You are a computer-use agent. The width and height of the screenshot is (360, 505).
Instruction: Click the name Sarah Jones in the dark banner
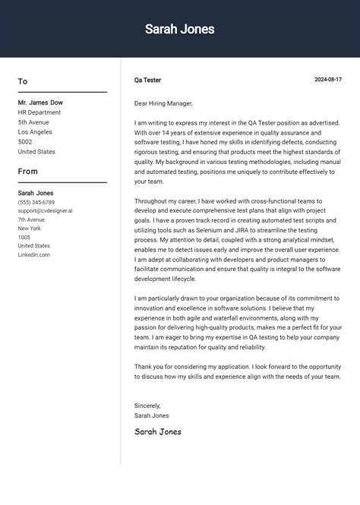pos(180,30)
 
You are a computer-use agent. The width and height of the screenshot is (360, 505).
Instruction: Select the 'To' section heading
pos(23,81)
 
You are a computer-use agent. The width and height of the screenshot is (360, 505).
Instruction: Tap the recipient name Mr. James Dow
pos(40,103)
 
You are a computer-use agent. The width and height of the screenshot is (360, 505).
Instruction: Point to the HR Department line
pos(39,112)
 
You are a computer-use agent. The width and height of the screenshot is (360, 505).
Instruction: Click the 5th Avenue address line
pos(33,122)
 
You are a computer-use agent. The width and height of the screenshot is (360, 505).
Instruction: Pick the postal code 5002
pos(25,142)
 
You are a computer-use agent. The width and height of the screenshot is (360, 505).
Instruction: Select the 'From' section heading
pos(27,172)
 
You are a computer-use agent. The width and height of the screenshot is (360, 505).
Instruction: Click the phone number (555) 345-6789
pos(36,203)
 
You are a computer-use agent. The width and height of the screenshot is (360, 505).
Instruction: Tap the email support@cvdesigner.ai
pos(46,211)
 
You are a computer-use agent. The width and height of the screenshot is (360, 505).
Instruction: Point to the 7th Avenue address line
pos(31,219)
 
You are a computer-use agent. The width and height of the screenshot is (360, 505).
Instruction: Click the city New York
pos(30,229)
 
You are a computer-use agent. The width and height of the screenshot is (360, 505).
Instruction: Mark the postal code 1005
pos(24,237)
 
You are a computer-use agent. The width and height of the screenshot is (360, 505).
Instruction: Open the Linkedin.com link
pos(33,254)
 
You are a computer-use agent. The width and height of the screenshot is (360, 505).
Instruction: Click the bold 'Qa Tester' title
pos(147,80)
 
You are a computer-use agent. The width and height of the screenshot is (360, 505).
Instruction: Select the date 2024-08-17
pos(328,80)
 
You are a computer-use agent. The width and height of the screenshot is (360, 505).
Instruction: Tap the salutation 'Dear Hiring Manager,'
pos(163,103)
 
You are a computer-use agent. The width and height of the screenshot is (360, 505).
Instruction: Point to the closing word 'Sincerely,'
pos(148,406)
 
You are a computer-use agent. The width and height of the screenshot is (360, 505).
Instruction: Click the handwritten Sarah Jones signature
pos(158,431)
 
